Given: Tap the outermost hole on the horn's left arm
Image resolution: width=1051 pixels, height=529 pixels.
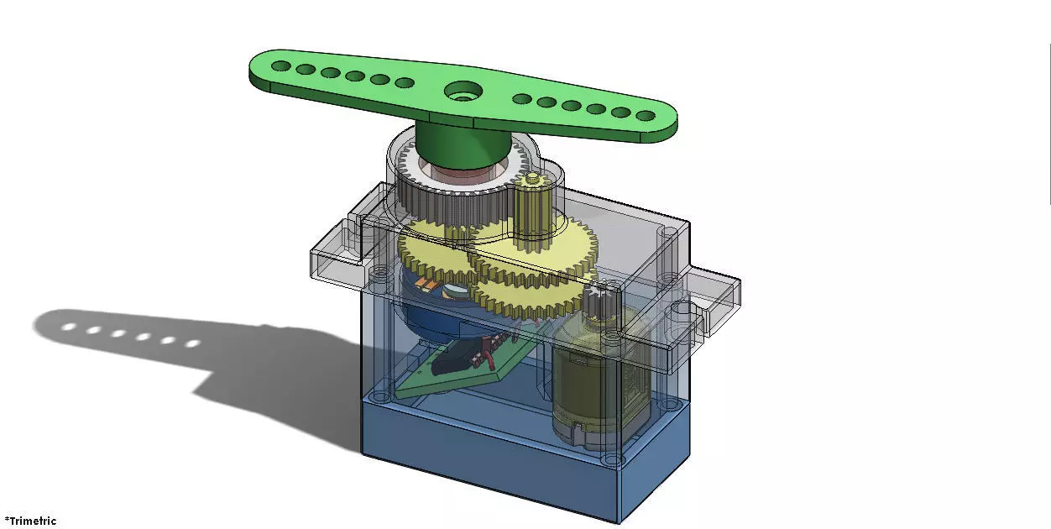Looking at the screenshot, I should tap(282, 65).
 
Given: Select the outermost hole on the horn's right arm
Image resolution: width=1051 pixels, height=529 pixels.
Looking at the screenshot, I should tap(645, 116).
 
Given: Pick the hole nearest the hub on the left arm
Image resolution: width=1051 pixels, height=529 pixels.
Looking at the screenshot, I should tap(404, 83).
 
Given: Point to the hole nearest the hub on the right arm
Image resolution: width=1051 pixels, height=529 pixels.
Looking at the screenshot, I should tap(520, 98).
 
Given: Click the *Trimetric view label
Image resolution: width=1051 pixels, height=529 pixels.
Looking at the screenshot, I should tap(30, 521).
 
